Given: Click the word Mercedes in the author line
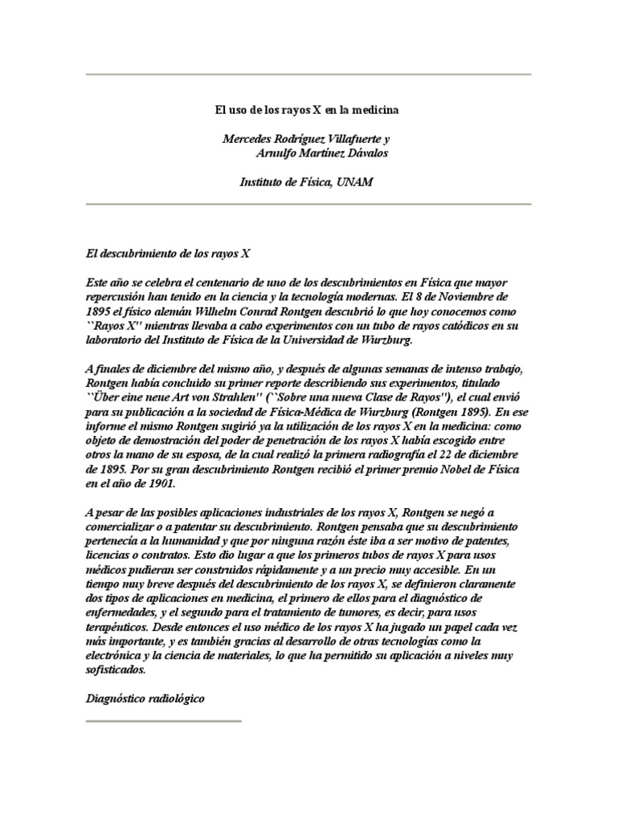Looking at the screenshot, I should point(248,138).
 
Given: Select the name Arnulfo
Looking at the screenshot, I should point(277,153).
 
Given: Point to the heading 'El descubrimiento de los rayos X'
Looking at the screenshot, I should point(168,253).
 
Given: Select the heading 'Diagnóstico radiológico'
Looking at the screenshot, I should point(145,699).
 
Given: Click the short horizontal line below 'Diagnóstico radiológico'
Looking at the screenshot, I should point(163,720).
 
